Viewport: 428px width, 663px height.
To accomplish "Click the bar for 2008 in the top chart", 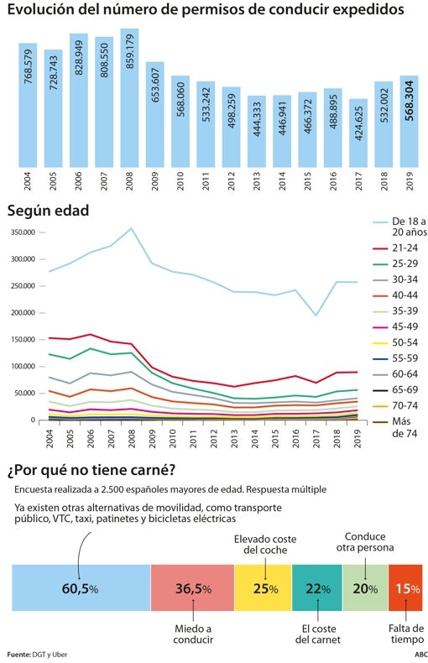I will (129, 97).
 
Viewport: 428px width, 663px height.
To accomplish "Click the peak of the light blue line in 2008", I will (131, 228).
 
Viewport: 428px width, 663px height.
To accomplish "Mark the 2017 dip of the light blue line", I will (338, 316).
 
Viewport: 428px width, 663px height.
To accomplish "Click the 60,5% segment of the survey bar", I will (81, 588).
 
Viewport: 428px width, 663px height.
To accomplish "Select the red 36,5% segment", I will (192, 588).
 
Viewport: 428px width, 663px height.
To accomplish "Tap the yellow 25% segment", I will (263, 588).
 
